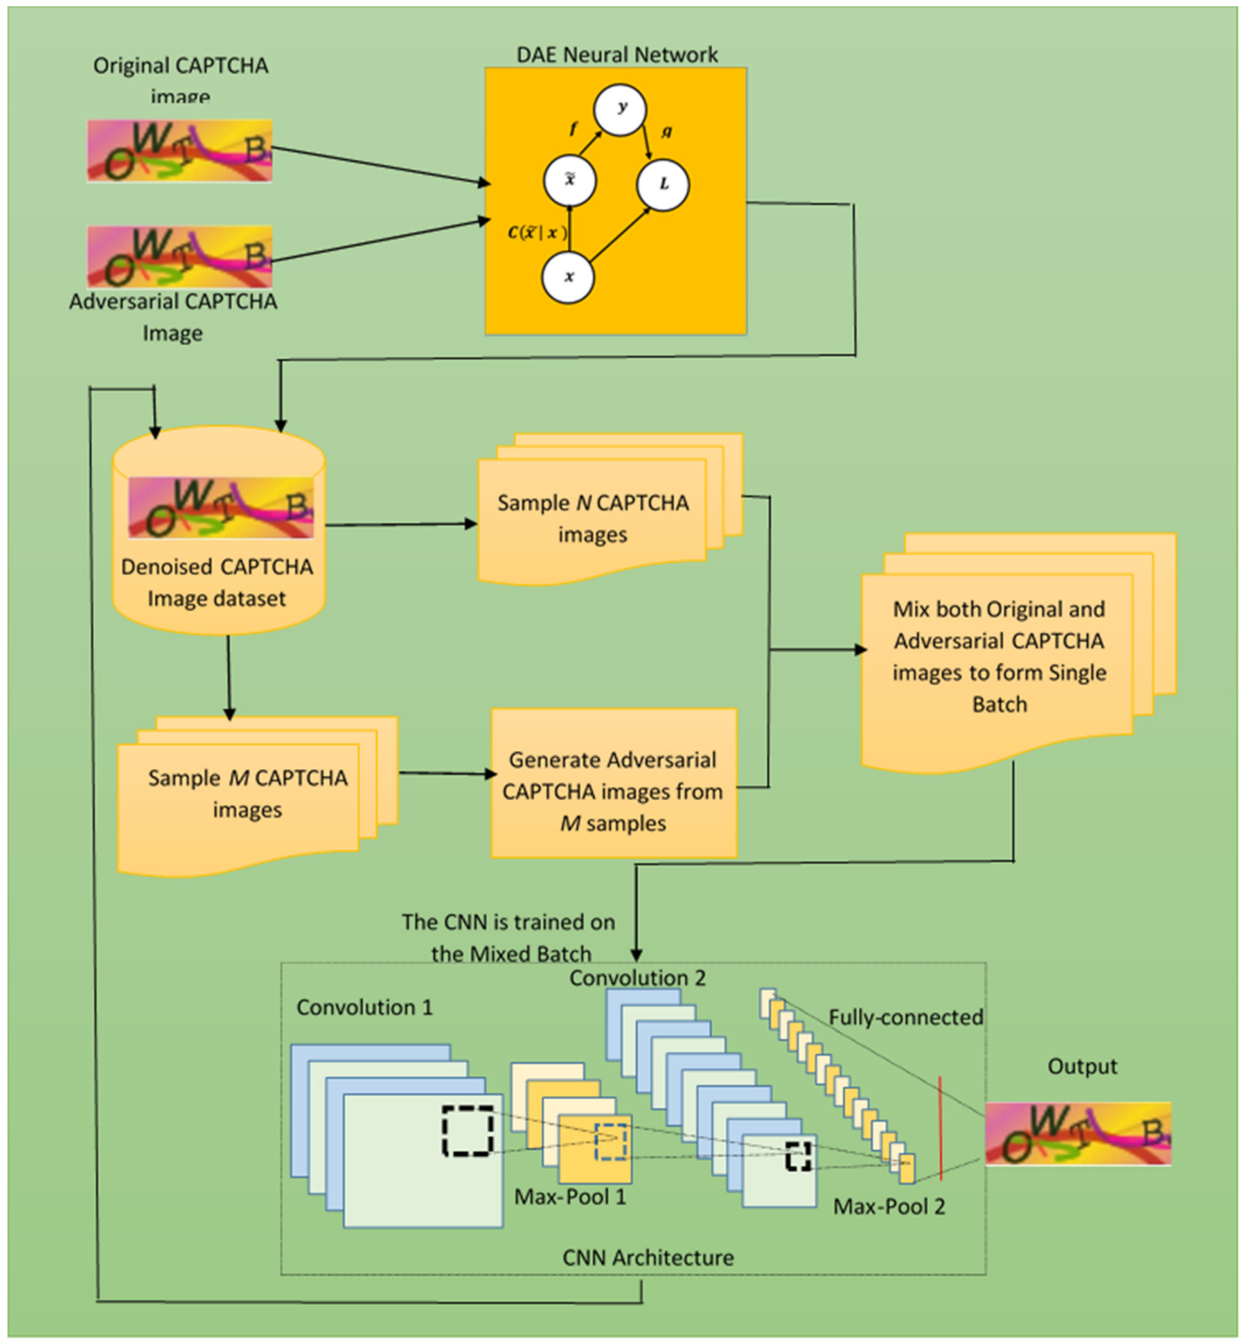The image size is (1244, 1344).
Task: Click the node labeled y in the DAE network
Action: (619, 109)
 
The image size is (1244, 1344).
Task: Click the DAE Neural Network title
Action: (617, 54)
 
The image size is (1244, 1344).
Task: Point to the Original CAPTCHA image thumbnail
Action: (180, 151)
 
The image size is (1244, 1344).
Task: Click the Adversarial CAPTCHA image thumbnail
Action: (180, 256)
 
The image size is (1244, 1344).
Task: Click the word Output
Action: (1082, 1066)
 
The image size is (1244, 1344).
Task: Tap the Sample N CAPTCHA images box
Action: (592, 518)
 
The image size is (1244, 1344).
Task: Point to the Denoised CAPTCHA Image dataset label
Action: (217, 582)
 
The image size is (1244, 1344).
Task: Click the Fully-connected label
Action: (905, 1017)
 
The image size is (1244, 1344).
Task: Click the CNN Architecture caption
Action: (648, 1257)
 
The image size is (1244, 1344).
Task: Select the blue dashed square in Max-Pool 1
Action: (611, 1141)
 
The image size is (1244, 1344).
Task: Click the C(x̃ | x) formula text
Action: (537, 233)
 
